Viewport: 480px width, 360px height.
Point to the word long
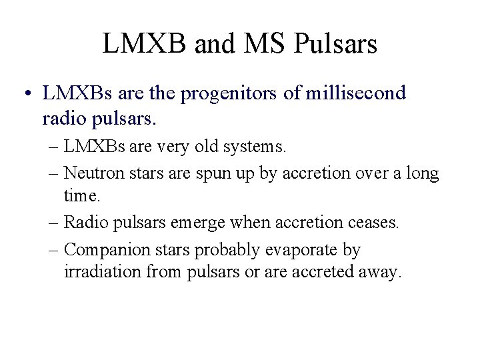coord(423,175)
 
